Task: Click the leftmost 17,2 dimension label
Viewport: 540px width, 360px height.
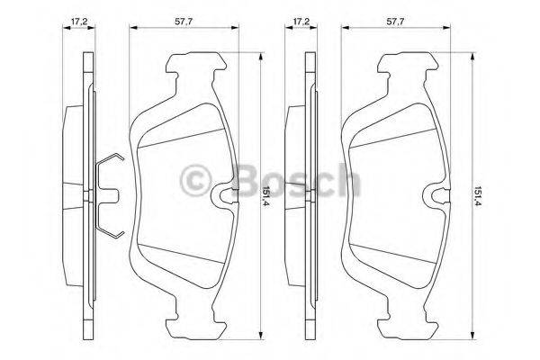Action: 79,22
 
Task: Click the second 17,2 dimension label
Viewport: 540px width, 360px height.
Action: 301,22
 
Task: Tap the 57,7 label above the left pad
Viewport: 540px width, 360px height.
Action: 184,22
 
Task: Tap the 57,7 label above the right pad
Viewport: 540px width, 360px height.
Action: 395,22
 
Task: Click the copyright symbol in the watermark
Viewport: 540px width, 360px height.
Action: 196,180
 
